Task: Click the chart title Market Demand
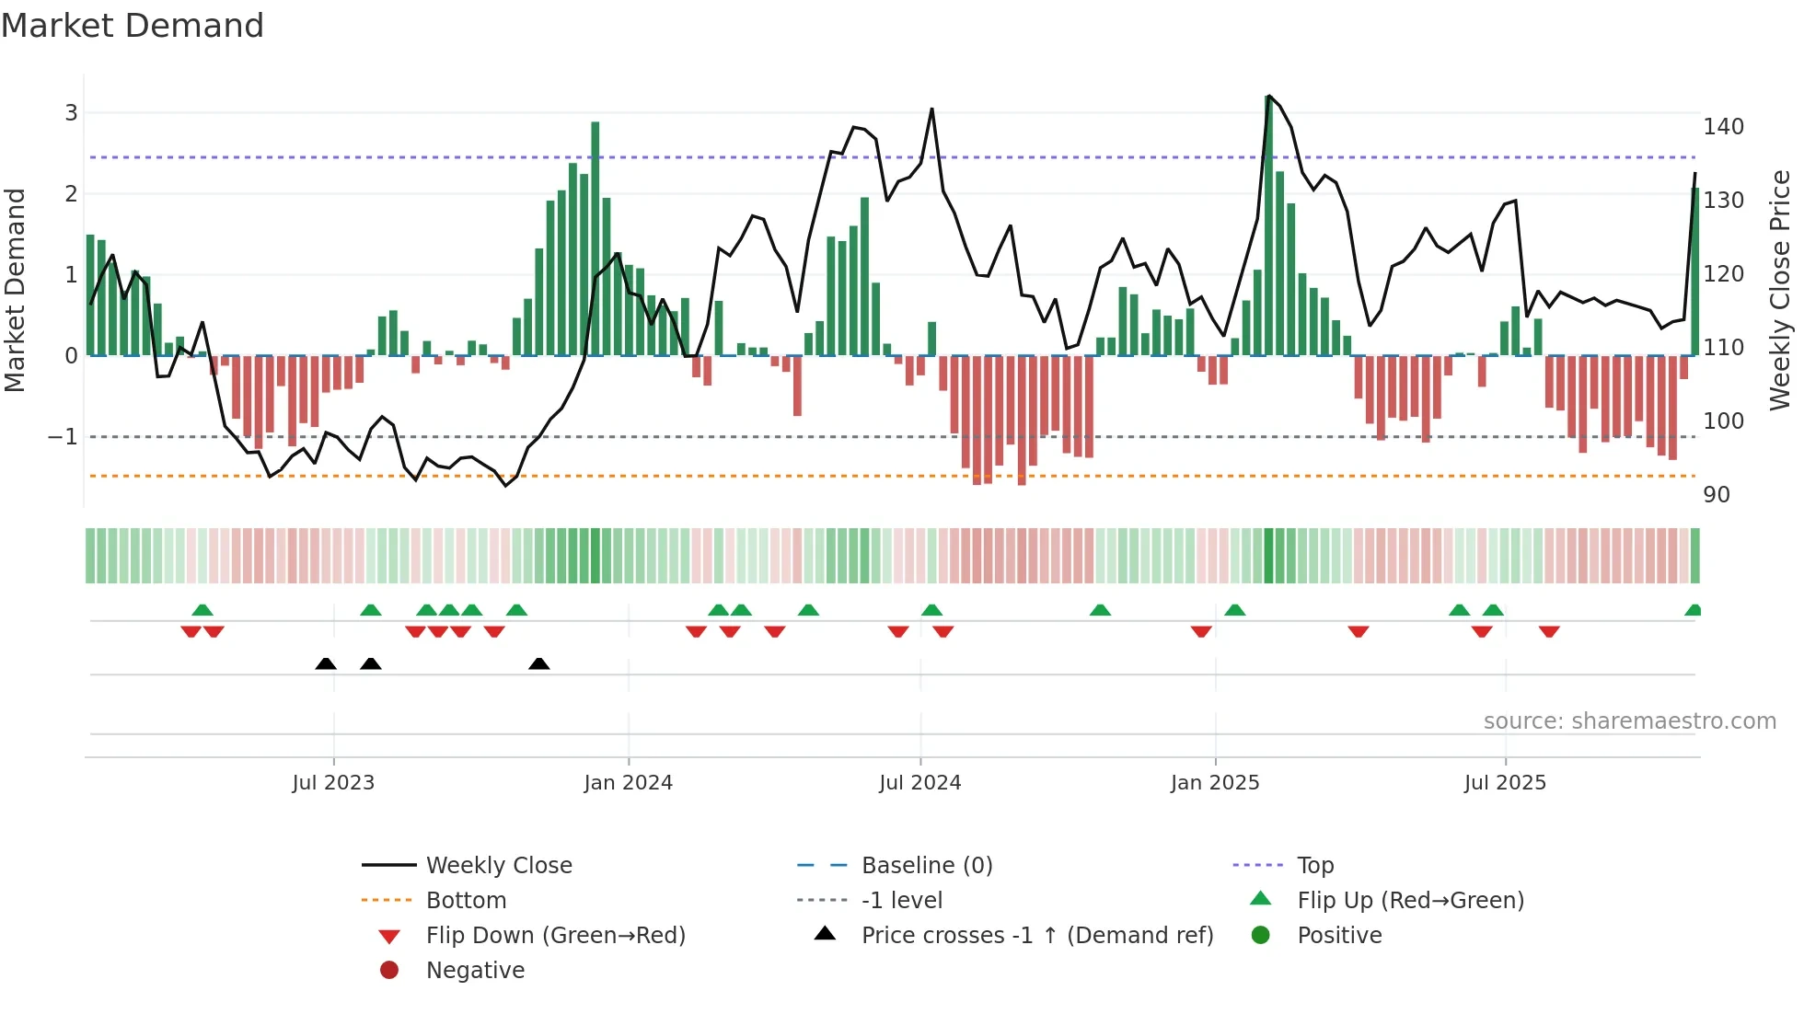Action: click(133, 26)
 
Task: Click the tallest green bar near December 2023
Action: click(596, 239)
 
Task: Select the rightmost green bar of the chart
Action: click(1694, 272)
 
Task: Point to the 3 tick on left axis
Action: click(71, 113)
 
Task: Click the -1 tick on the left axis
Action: click(63, 437)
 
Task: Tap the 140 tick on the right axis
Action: click(1723, 127)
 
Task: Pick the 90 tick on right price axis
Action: click(1716, 495)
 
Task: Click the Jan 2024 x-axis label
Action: click(628, 783)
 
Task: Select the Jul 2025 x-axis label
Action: click(1505, 783)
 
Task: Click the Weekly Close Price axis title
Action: click(1780, 290)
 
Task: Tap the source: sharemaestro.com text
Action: click(1629, 721)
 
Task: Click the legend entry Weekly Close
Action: click(498, 866)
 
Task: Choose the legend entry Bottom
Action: click(466, 901)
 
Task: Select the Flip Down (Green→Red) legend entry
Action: click(555, 936)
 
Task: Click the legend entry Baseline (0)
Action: click(926, 866)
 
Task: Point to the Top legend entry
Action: click(1314, 866)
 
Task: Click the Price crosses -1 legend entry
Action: click(1036, 936)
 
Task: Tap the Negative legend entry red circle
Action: click(389, 971)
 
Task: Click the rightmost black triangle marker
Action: click(539, 663)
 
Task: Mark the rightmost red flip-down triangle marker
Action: click(1549, 631)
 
